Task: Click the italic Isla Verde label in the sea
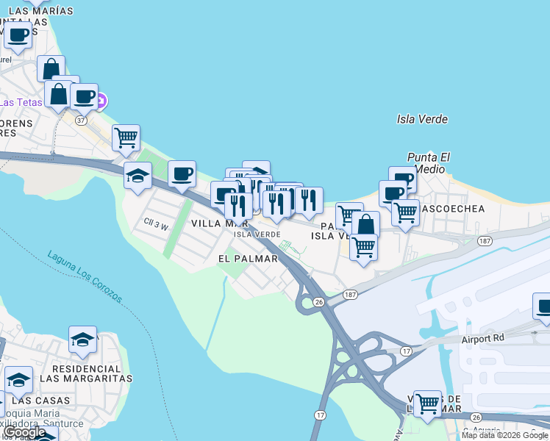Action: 422,119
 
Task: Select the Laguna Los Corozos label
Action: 85,277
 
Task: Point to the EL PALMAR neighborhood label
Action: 249,259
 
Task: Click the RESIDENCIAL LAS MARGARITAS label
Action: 85,373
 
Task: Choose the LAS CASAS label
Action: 42,401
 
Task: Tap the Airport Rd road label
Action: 485,340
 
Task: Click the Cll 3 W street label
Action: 156,226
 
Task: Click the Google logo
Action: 26,432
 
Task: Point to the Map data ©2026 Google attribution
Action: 504,435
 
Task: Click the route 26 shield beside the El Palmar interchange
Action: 318,301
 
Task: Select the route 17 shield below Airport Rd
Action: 405,351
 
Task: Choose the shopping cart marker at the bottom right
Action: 427,404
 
